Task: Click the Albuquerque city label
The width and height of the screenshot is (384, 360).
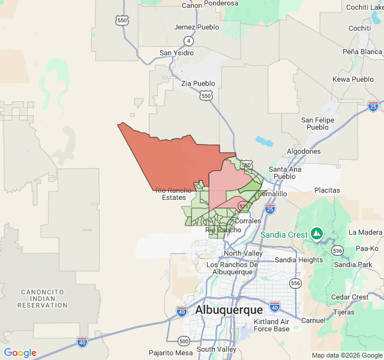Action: [229, 310]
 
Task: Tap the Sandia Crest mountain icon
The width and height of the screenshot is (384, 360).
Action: [317, 233]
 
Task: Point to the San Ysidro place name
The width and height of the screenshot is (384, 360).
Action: [176, 53]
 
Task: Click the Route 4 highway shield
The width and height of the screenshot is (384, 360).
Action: [188, 41]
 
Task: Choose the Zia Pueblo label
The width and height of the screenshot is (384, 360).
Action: [198, 83]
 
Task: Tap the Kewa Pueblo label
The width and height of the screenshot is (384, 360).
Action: [353, 79]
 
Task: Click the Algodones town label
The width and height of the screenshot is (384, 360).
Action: [304, 151]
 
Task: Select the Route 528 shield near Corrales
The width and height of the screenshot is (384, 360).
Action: [243, 206]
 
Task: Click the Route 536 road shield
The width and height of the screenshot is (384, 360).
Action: [338, 250]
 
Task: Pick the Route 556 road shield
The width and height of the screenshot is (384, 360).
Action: [295, 283]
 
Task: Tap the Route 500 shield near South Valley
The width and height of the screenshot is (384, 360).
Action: [184, 341]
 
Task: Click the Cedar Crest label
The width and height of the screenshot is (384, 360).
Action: [350, 297]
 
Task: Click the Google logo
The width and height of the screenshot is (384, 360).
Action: [20, 353]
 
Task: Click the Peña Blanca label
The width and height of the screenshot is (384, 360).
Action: [362, 52]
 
